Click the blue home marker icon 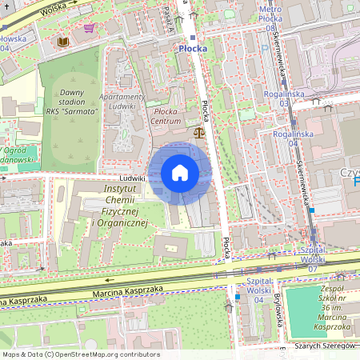click(x=180, y=172)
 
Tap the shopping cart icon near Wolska click(x=89, y=28)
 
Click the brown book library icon click(x=62, y=40)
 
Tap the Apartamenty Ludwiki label click(x=128, y=101)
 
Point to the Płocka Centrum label click(x=166, y=116)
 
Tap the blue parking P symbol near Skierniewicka click(x=356, y=182)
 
